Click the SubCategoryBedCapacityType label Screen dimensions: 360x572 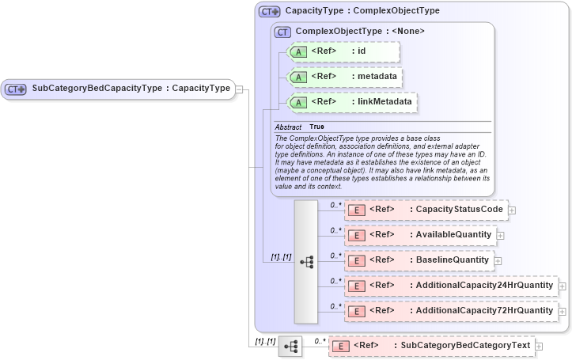[131, 89]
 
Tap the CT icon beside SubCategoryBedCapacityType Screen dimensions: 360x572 [16, 89]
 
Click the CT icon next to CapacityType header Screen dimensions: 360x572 [270, 12]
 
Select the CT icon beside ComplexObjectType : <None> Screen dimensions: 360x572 [281, 32]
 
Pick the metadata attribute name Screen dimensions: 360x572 [377, 77]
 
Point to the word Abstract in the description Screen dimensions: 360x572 [288, 127]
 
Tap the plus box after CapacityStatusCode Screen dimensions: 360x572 [512, 210]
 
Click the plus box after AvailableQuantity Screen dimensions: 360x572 [501, 236]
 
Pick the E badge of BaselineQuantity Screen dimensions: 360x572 [356, 260]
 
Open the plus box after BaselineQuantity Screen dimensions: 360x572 [498, 260]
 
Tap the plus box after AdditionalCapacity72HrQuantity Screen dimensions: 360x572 [562, 311]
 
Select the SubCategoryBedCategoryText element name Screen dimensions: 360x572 [465, 346]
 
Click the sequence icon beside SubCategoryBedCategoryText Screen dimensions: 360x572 [290, 347]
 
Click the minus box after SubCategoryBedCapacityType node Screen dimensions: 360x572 [239, 89]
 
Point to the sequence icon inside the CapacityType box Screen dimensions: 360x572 [306, 260]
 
